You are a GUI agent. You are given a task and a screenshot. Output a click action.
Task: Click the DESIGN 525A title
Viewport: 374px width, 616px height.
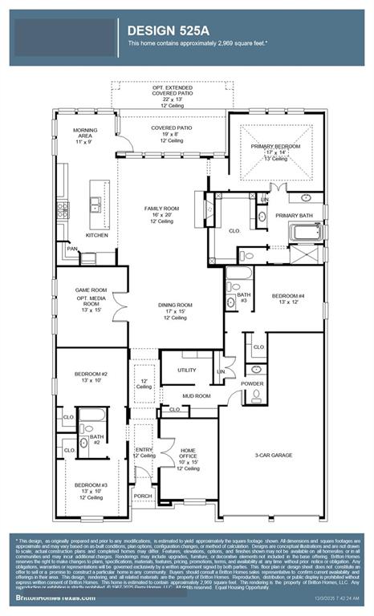point(168,30)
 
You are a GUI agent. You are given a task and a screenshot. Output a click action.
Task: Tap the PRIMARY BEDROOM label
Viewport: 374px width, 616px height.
point(274,146)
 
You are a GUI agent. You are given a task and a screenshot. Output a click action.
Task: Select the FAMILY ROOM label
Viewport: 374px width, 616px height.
point(159,209)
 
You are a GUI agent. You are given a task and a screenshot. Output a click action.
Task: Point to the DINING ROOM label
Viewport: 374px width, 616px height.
point(173,306)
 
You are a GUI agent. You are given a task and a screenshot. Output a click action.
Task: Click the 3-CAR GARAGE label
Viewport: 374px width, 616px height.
point(274,455)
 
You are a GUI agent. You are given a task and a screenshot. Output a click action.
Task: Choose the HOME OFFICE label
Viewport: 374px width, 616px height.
point(189,452)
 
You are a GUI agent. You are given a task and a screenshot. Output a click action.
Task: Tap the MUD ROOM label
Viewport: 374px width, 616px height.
point(196,395)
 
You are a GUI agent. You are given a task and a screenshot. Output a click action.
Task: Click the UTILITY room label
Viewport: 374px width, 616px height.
point(187,370)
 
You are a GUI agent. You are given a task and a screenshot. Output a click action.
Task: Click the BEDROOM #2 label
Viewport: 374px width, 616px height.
point(91,375)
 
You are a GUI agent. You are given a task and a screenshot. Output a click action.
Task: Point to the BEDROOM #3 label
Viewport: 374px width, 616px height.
point(91,485)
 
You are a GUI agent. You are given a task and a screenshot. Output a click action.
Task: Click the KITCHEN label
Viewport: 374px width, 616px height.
point(97,235)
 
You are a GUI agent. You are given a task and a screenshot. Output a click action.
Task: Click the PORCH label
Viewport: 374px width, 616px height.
point(143,495)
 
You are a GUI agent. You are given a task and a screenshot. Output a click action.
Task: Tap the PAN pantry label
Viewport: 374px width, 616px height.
point(72,249)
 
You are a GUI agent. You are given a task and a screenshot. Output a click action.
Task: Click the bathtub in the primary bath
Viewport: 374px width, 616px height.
point(306,233)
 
